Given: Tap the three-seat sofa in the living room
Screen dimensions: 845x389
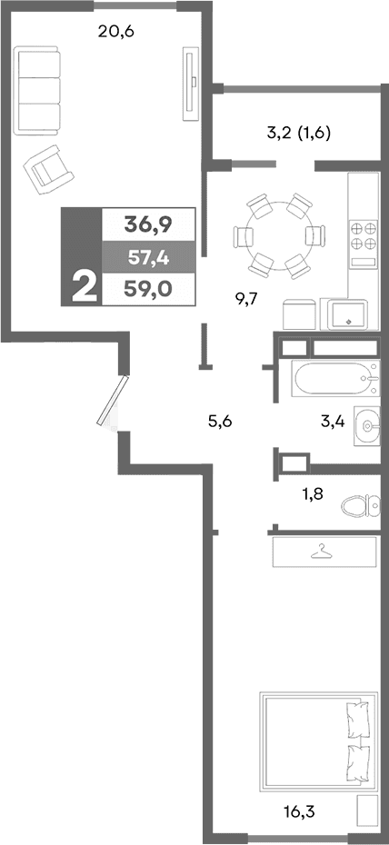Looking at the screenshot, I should point(39,90).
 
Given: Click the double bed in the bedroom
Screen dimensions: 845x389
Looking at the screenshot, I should point(318,740).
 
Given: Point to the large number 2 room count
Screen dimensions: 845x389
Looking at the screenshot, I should point(82,287).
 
